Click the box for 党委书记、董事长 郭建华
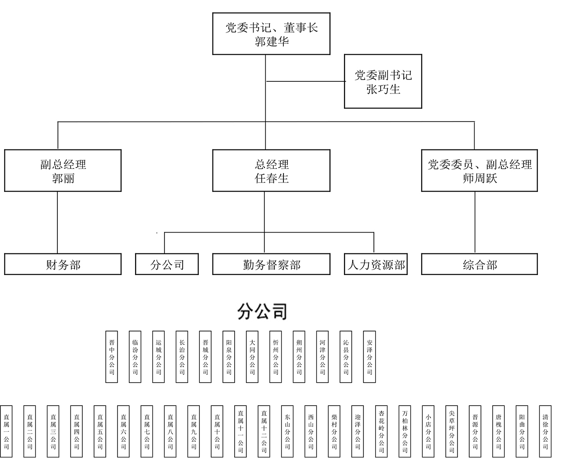[271, 34]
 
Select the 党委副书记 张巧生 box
[383, 81]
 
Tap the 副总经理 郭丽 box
[63, 171]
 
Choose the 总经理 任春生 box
[271, 171]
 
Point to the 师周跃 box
[479, 171]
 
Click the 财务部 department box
[63, 264]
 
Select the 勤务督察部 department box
[271, 264]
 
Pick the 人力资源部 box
[376, 264]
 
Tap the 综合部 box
[479, 264]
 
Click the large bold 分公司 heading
[262, 312]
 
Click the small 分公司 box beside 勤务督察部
[167, 264]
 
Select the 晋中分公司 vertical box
[112, 357]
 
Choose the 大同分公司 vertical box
[252, 357]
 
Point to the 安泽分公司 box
[370, 357]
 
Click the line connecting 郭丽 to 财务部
[57, 222]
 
